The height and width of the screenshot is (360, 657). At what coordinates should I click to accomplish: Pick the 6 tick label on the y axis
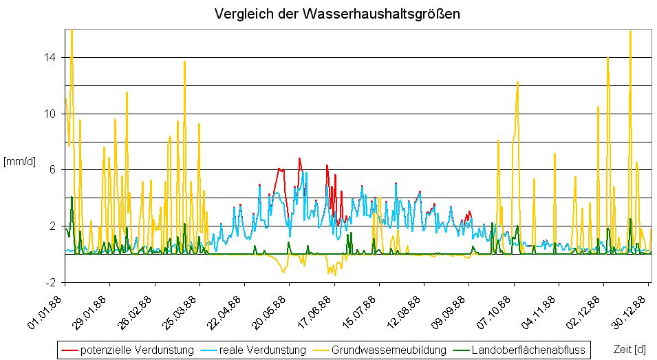pos(53,170)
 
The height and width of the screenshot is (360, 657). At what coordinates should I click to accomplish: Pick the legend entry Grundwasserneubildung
pos(389,350)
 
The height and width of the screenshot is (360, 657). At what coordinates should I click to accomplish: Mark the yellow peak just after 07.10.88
pos(517,82)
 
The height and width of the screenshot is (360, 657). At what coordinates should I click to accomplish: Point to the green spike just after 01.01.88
pos(72,198)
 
